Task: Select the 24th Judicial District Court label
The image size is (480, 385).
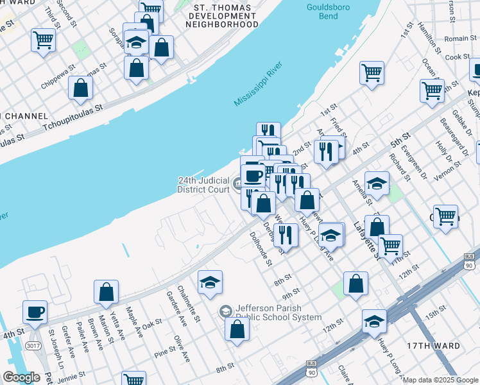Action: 203,185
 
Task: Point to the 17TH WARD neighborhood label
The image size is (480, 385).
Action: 433,346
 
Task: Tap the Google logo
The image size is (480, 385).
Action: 21,377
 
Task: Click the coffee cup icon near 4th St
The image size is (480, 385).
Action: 35,312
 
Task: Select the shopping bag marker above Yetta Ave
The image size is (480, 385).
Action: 106,292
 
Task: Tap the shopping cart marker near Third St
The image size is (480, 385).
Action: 43,40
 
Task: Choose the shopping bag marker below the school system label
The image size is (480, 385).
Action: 237,329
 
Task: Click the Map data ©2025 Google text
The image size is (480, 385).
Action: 441,380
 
